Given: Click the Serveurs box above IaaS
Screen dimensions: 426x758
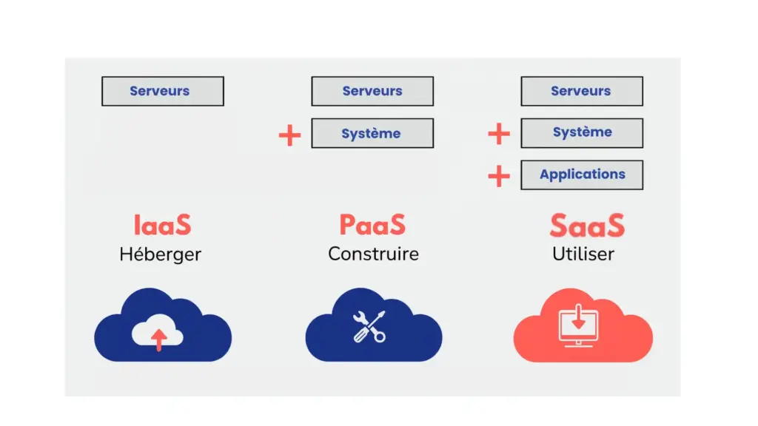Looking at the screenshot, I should pos(162,91).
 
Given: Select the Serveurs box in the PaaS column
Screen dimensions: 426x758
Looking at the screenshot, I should pos(372,91).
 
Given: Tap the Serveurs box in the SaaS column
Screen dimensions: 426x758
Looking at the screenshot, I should pos(581,91).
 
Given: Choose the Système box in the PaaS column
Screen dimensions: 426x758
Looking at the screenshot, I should pos(372,134).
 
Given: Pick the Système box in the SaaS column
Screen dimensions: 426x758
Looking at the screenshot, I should pos(581,133).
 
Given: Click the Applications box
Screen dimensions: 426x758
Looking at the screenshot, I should pos(581,175).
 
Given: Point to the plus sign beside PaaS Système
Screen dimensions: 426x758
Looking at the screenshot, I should pos(289,135).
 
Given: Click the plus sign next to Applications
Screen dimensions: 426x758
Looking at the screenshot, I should pos(499,176).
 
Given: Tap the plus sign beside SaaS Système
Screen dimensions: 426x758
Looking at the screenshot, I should pos(499,134).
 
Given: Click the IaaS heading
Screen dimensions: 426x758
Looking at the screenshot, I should pos(162,225).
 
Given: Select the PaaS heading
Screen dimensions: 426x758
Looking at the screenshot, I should pos(372,225).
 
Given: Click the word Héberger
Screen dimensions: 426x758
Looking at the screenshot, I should pos(160,255).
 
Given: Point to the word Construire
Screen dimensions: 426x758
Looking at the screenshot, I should pos(373,254).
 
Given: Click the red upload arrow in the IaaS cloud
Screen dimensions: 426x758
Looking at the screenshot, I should pos(158,340).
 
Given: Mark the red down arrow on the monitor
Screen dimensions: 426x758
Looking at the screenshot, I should pos(578,320).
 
